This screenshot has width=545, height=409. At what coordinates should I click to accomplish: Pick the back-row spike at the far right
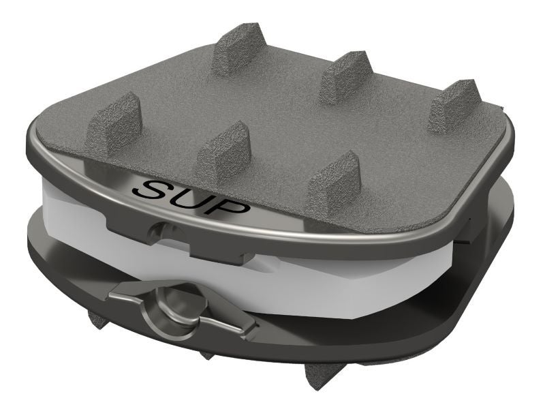454,106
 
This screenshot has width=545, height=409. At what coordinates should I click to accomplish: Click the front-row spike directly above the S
223,152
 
